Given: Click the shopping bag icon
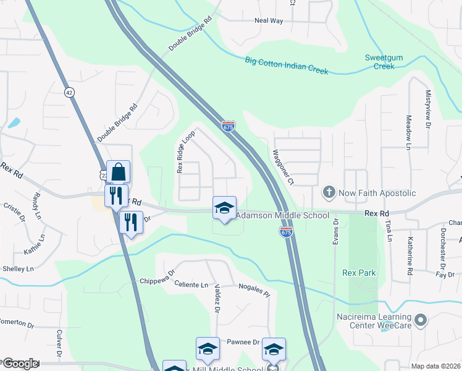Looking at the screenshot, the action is click(118, 172).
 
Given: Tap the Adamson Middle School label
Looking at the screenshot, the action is click(283, 216).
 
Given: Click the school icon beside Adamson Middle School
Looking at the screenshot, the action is click(224, 208).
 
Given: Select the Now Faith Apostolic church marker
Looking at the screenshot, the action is click(329, 192).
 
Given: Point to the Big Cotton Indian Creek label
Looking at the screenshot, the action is click(286, 66).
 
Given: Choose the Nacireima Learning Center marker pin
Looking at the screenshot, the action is click(421, 320).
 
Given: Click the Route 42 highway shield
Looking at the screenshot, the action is click(69, 92).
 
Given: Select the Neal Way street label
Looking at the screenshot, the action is click(269, 20).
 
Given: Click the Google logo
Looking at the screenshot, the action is click(20, 364).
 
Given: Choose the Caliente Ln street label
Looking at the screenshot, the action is click(191, 284).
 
